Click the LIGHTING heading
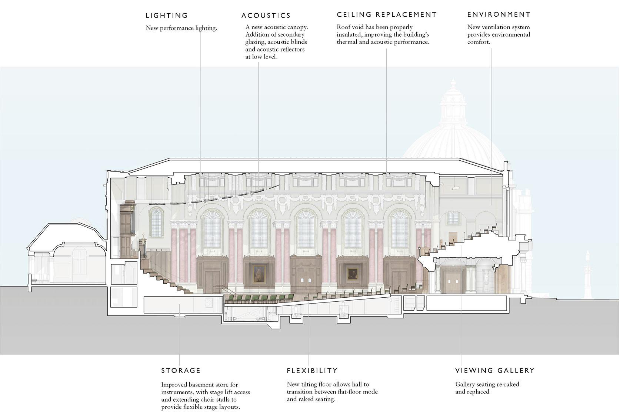coord(167,16)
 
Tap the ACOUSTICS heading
coord(266,16)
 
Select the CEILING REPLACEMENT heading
coord(387,14)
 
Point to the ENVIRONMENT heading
coord(499,14)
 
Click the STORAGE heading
coord(181,370)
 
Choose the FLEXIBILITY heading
coord(312,370)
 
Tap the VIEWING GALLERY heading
coord(495,370)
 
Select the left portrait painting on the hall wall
coord(259,274)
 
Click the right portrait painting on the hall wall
coord(353,274)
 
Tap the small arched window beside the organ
coord(156,223)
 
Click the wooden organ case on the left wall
coord(127,230)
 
